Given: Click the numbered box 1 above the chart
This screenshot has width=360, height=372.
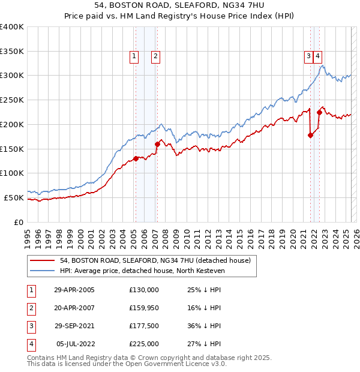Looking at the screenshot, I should click(134, 56).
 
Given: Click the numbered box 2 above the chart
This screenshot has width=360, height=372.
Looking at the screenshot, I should click(155, 56).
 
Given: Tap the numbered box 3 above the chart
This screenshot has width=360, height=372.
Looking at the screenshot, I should click(308, 56).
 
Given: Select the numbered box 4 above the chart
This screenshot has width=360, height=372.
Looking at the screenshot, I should click(317, 56).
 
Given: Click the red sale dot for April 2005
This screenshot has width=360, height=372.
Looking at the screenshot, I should click(136, 158).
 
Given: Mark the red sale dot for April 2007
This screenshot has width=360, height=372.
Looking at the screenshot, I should click(157, 144).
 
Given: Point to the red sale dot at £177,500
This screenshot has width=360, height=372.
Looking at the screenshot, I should click(310, 135).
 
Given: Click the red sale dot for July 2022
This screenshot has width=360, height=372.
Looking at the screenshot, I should click(319, 112).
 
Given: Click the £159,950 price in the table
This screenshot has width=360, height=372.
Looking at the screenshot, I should click(143, 308).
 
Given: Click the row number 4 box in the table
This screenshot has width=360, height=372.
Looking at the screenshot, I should click(30, 344).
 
